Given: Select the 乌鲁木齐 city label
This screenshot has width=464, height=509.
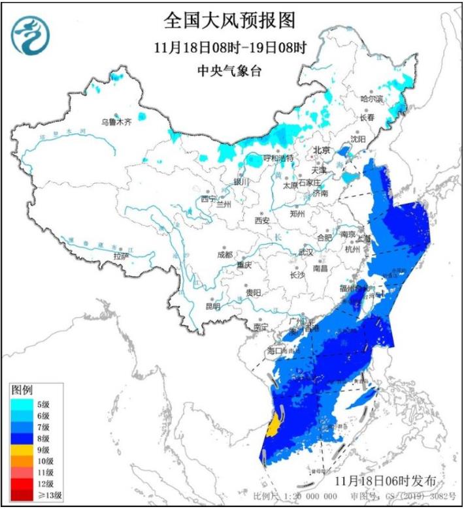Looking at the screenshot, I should [x=116, y=121].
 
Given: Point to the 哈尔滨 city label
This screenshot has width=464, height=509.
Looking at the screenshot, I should [x=371, y=99].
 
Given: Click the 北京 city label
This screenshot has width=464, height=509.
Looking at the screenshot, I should [x=322, y=150].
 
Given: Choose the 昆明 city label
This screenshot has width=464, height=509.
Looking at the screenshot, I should [x=213, y=305].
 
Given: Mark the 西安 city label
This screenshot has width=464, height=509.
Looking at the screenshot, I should [x=262, y=221].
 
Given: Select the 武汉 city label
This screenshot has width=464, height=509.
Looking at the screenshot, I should [x=306, y=252].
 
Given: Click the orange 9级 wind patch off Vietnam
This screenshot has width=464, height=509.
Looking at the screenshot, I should [x=275, y=429].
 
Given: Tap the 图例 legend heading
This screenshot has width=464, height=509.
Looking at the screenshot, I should [x=22, y=390].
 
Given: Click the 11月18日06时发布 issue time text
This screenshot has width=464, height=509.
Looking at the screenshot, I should [x=384, y=481].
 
